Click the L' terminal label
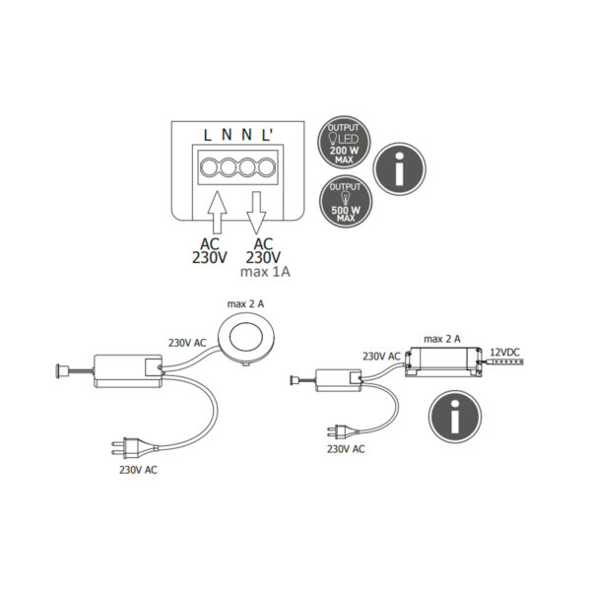coord(267,135)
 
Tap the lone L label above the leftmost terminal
coord(207,135)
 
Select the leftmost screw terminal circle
coord(209,167)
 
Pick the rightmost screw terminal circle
coord(267,167)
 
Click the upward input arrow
coord(217,212)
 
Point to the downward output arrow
coord(256,213)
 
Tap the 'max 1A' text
coord(265,272)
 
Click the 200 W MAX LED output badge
coord(344,142)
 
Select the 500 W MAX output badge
coord(346,202)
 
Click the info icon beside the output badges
coord(399,168)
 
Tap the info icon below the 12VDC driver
coord(455,417)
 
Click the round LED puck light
coord(246,337)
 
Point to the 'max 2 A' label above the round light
coord(245,303)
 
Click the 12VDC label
coord(504,353)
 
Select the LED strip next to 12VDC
coord(501,362)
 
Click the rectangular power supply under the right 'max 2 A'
coord(443,361)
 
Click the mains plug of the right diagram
coord(342,432)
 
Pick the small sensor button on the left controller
coord(61,371)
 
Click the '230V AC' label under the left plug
coord(138,470)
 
